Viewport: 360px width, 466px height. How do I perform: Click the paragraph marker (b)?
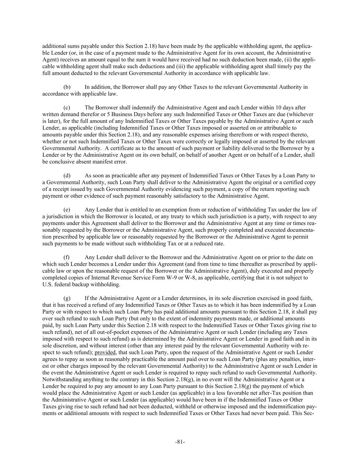coord(67,87)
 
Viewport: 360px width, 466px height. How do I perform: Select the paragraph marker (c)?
coord(67,108)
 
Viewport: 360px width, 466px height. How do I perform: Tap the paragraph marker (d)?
coord(67,176)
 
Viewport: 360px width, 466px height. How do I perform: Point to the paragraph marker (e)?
coord(67,210)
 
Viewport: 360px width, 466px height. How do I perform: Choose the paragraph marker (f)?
coord(67,257)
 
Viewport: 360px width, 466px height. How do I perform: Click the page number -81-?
coord(180,442)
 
